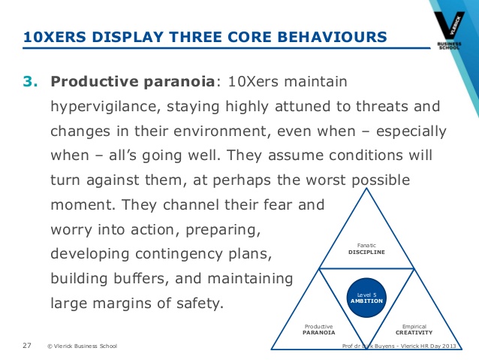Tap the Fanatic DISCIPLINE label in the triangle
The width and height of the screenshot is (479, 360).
point(367,249)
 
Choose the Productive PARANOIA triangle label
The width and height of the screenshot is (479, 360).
point(319,329)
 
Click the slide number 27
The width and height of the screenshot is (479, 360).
point(27,346)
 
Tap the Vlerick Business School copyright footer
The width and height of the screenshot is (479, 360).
point(81,346)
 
